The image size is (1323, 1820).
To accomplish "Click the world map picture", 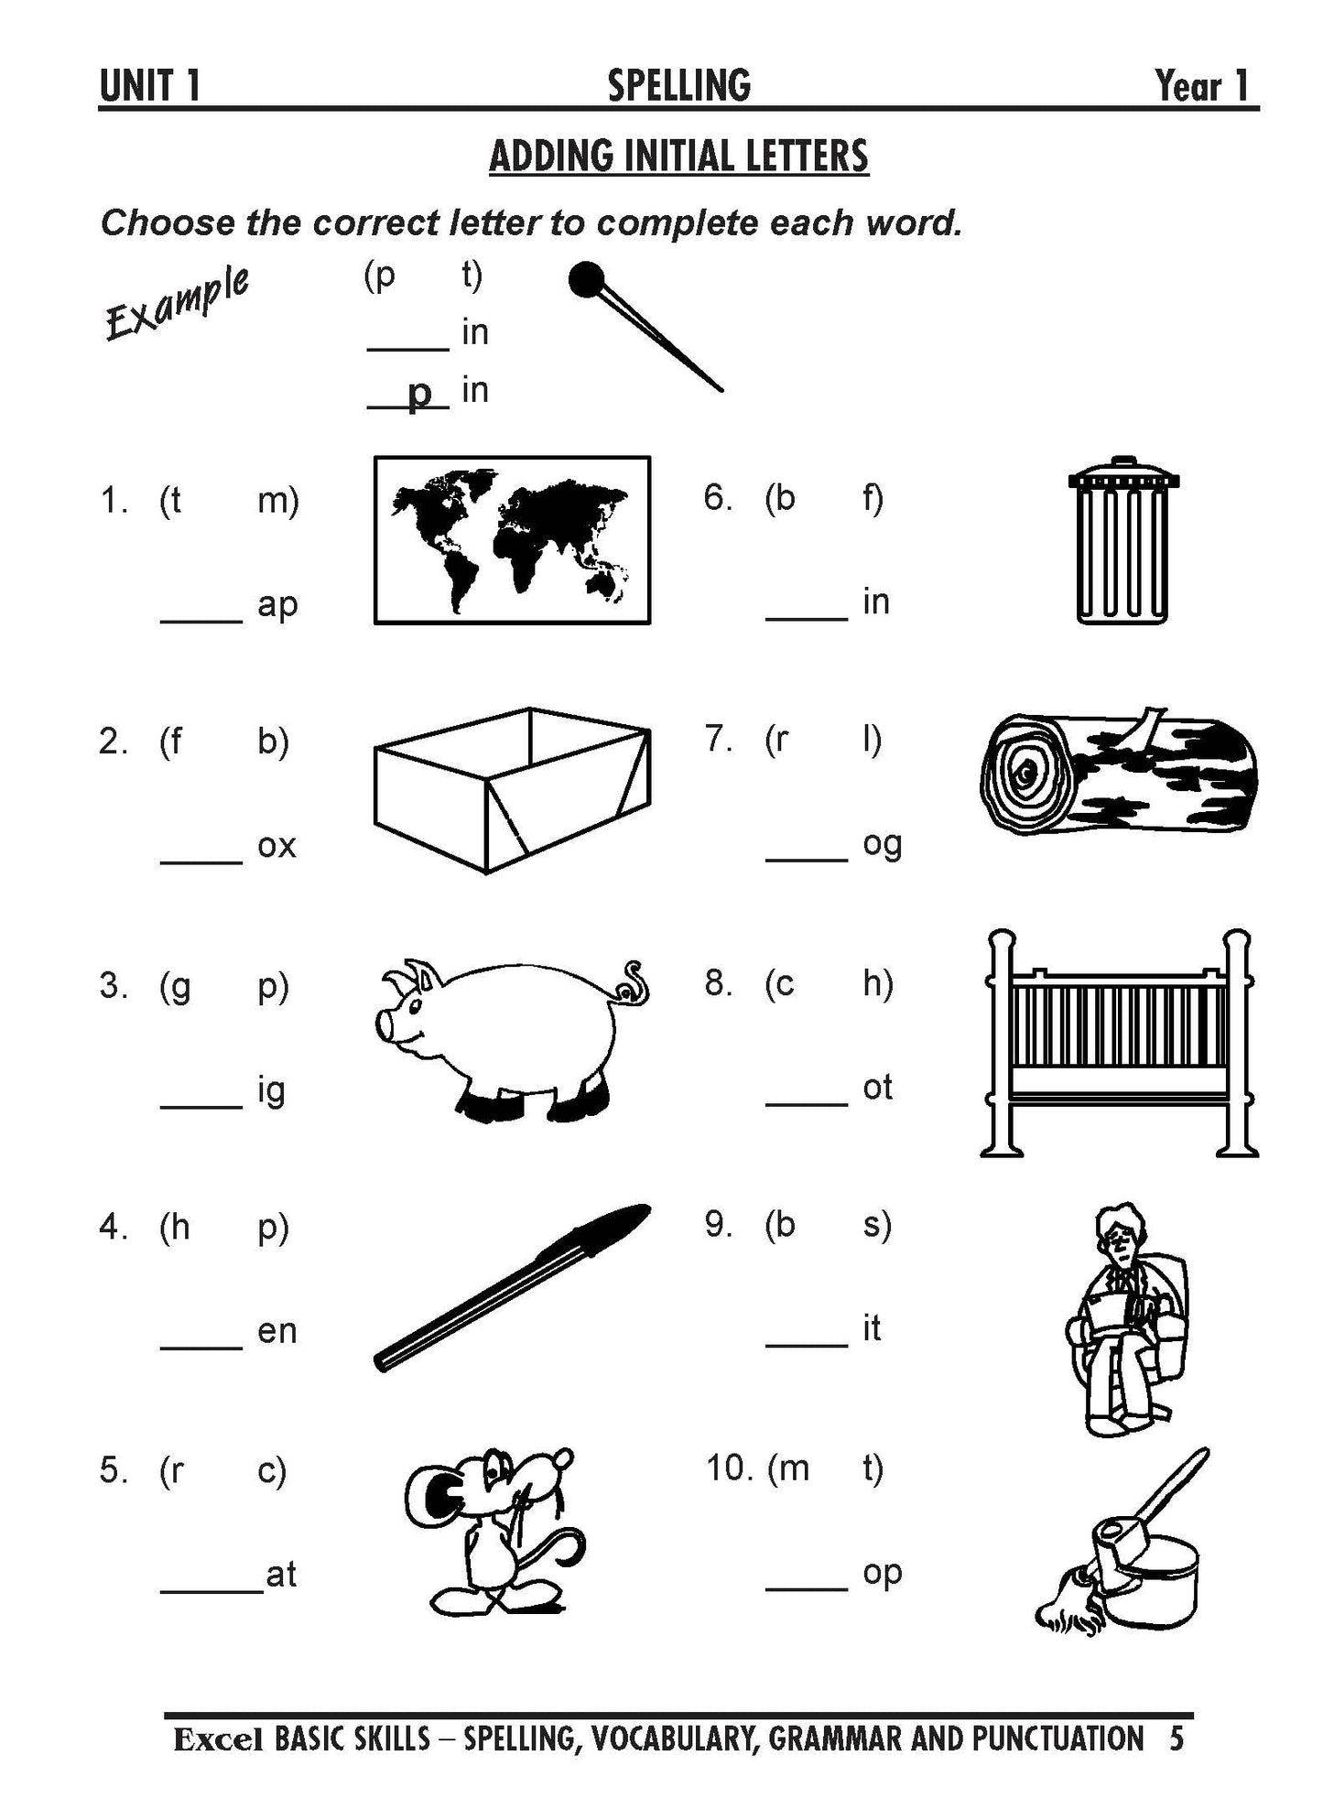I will pos(512,540).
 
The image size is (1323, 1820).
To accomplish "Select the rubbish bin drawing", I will pos(1122,540).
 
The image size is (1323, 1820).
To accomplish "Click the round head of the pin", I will pos(586,280).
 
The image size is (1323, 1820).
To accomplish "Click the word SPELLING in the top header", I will pos(678,85).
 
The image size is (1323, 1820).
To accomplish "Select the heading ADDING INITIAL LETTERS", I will pos(678,156).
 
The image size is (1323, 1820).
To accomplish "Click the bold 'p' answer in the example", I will pos(418,394).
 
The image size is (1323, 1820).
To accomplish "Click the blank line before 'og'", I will pos(807,858).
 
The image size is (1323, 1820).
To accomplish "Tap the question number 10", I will pos(728,1468).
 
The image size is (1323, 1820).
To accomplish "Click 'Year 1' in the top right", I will pos(1202,86).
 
